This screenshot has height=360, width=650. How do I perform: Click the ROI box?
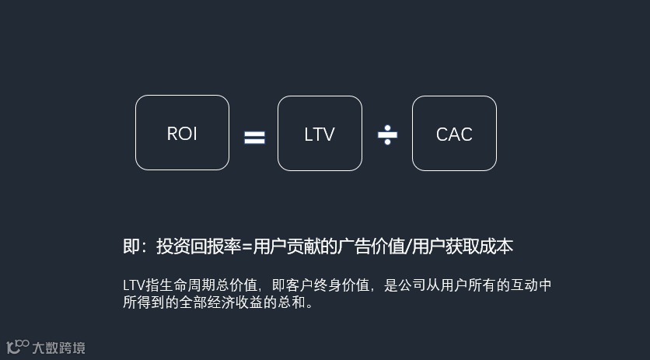coord(182,132)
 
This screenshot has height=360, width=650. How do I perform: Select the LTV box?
coord(320,133)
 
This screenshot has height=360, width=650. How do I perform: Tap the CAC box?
coord(454,133)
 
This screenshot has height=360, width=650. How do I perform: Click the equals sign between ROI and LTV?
coord(254,138)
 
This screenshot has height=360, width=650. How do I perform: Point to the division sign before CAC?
coord(387,135)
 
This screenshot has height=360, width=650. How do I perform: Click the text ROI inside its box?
coord(182,134)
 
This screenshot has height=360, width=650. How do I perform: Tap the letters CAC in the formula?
coord(454,135)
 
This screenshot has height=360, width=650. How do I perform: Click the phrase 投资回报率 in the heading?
coord(198,246)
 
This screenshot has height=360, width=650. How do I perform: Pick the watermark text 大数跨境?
coord(58,348)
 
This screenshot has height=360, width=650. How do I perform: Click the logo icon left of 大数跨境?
coord(17,347)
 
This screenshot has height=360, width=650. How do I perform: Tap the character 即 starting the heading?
coord(131,246)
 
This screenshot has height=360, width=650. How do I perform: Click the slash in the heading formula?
coord(409,246)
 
